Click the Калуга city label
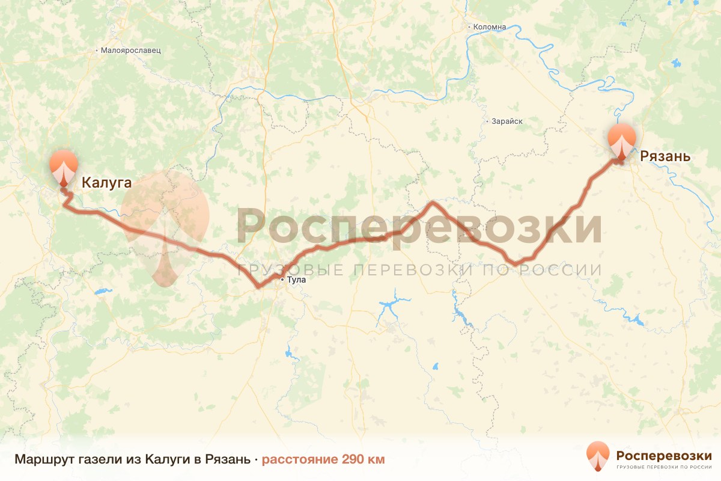[x=106, y=182]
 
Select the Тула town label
[x=297, y=280]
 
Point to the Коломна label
[x=490, y=27]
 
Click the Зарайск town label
[x=507, y=121]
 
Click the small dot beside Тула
[x=282, y=280]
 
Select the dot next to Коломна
[x=469, y=27]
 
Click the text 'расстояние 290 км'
[x=323, y=460]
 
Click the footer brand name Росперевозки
[x=664, y=455]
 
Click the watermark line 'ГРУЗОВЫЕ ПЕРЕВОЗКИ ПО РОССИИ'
[x=419, y=270]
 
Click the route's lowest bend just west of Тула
[x=258, y=286]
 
